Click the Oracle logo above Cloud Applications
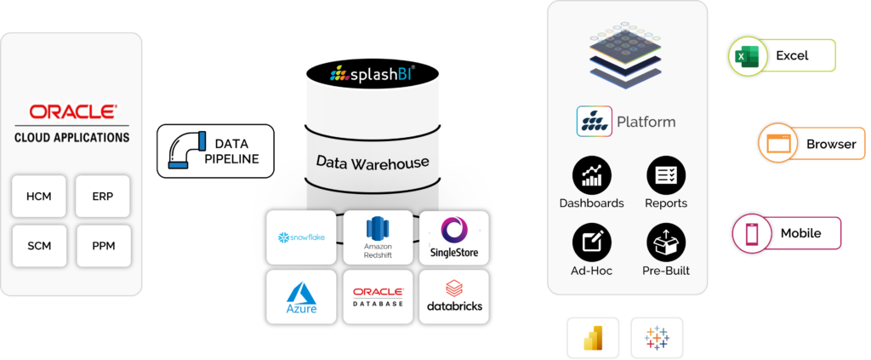click(72, 111)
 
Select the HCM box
click(39, 196)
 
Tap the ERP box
click(103, 196)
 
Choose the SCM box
click(39, 246)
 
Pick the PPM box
click(103, 246)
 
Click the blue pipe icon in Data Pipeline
click(186, 151)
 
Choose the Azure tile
click(302, 296)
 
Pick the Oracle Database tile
click(377, 296)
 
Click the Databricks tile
click(453, 296)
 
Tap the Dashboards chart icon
click(591, 176)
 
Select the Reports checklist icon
click(665, 176)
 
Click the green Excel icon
click(743, 57)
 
